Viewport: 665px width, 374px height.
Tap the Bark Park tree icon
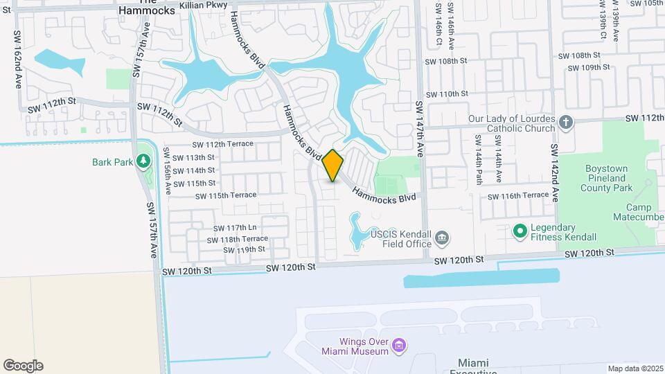point(143,161)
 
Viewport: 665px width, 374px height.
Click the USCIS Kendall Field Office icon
point(441,240)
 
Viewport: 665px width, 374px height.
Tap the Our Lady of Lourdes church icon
point(566,123)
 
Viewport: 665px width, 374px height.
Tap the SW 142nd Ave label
point(555,173)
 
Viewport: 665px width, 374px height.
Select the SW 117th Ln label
point(235,228)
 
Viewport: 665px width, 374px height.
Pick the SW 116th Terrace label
point(518,196)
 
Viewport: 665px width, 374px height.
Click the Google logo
point(23,366)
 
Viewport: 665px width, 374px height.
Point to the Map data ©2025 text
point(635,368)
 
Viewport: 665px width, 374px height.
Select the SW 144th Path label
point(478,160)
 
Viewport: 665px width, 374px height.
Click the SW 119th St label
point(242,249)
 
